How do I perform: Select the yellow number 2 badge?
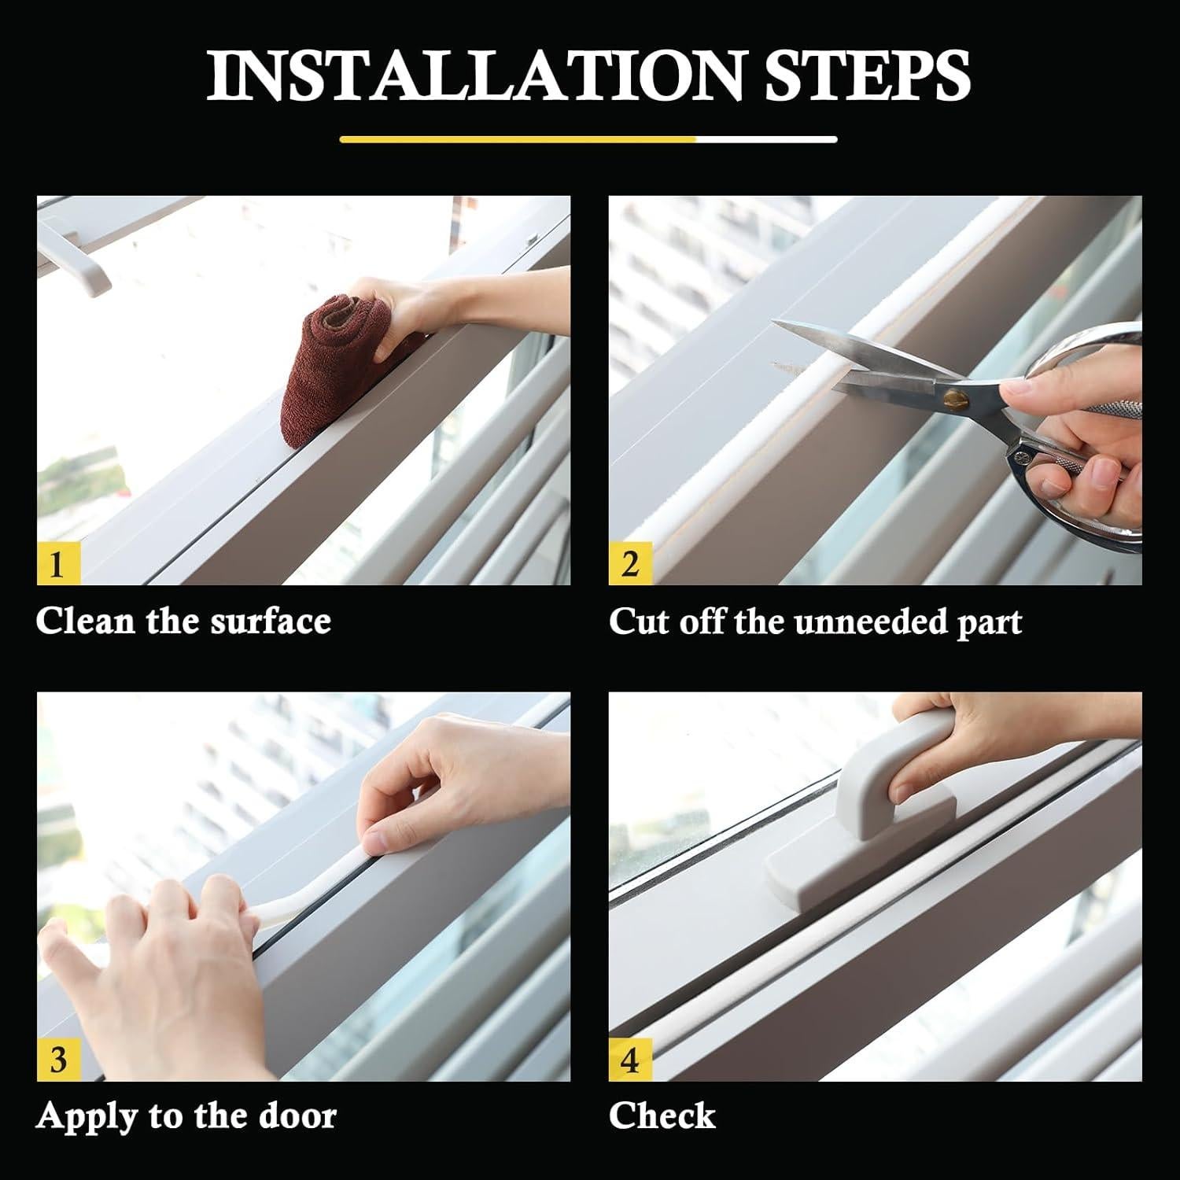[x=630, y=564]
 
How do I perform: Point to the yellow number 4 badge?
[x=630, y=1060]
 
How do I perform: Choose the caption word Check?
[x=662, y=1115]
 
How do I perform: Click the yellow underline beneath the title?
[x=518, y=140]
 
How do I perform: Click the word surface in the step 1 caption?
[x=271, y=621]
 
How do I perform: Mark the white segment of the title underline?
[x=767, y=140]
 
